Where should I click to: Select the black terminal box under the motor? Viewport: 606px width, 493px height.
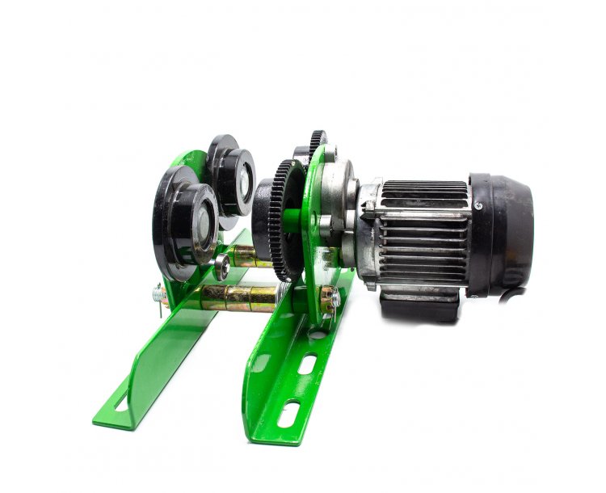pos(420,305)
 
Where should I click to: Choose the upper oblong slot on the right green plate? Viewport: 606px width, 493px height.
pos(308,364)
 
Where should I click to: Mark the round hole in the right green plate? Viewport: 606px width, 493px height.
pos(319,332)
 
